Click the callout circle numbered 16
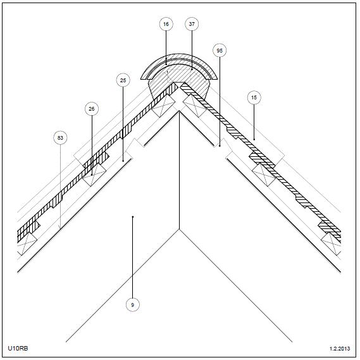pyautogui.click(x=166, y=24)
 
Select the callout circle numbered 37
pyautogui.click(x=192, y=24)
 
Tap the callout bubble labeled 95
pyautogui.click(x=220, y=50)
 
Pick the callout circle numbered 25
pyautogui.click(x=123, y=80)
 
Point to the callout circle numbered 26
pyautogui.click(x=92, y=109)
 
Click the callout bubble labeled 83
pyautogui.click(x=60, y=138)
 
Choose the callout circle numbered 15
pyautogui.click(x=254, y=97)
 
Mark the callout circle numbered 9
pyautogui.click(x=132, y=305)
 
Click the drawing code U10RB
pyautogui.click(x=18, y=348)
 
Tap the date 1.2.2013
pyautogui.click(x=340, y=349)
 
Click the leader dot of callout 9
pyautogui.click(x=133, y=216)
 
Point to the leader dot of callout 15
pyautogui.click(x=254, y=139)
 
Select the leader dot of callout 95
pyautogui.click(x=220, y=146)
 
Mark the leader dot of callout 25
pyautogui.click(x=123, y=161)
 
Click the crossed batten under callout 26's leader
pyautogui.click(x=94, y=175)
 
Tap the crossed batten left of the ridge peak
pyautogui.click(x=163, y=106)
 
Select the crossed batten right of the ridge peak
pyautogui.click(x=195, y=106)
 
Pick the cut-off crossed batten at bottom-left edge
pyautogui.click(x=27, y=244)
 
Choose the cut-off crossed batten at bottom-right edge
pyautogui.click(x=331, y=244)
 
